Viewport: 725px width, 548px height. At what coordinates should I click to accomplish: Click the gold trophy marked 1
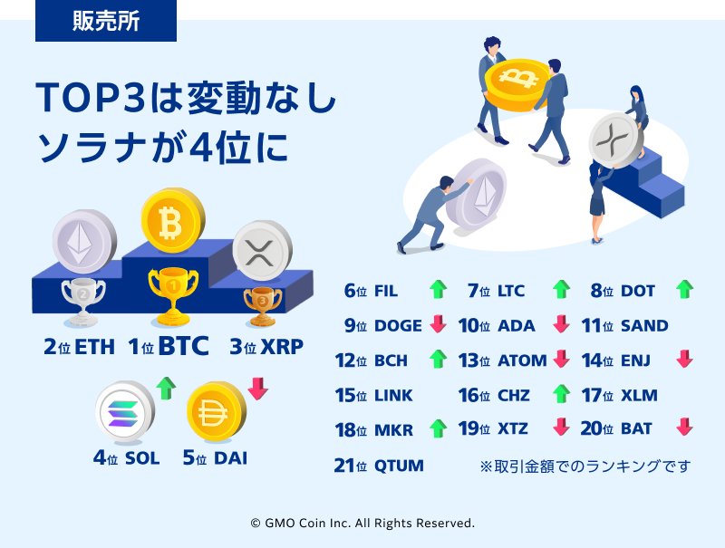[x=173, y=296]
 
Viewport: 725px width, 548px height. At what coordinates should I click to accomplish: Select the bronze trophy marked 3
[x=262, y=306]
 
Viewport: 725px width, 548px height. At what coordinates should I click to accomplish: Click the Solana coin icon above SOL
[x=125, y=410]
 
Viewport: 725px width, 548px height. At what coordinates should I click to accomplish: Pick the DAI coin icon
[x=217, y=410]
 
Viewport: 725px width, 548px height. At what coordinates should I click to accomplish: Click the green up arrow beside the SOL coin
[x=166, y=388]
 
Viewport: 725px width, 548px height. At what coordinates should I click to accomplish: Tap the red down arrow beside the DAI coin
[x=258, y=389]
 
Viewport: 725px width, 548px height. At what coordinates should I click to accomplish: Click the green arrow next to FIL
[x=438, y=289]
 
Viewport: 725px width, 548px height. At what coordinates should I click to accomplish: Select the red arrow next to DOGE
[x=438, y=324]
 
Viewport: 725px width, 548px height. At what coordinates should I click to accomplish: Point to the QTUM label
[x=399, y=466]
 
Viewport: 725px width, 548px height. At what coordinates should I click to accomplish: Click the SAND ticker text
[x=644, y=326]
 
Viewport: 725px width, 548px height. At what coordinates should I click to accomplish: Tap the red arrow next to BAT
[x=684, y=427]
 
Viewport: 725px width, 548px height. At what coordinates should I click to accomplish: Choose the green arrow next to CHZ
[x=561, y=394]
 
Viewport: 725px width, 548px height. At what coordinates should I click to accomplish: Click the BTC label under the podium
[x=183, y=346]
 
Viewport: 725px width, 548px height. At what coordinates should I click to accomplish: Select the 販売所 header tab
[x=106, y=21]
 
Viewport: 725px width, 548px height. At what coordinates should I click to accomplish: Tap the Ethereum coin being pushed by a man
[x=477, y=194]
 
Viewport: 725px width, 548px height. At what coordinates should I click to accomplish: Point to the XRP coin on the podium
[x=262, y=250]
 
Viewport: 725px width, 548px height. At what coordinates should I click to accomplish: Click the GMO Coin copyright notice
[x=362, y=523]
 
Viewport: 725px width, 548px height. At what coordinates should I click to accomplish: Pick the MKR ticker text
[x=393, y=430]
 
